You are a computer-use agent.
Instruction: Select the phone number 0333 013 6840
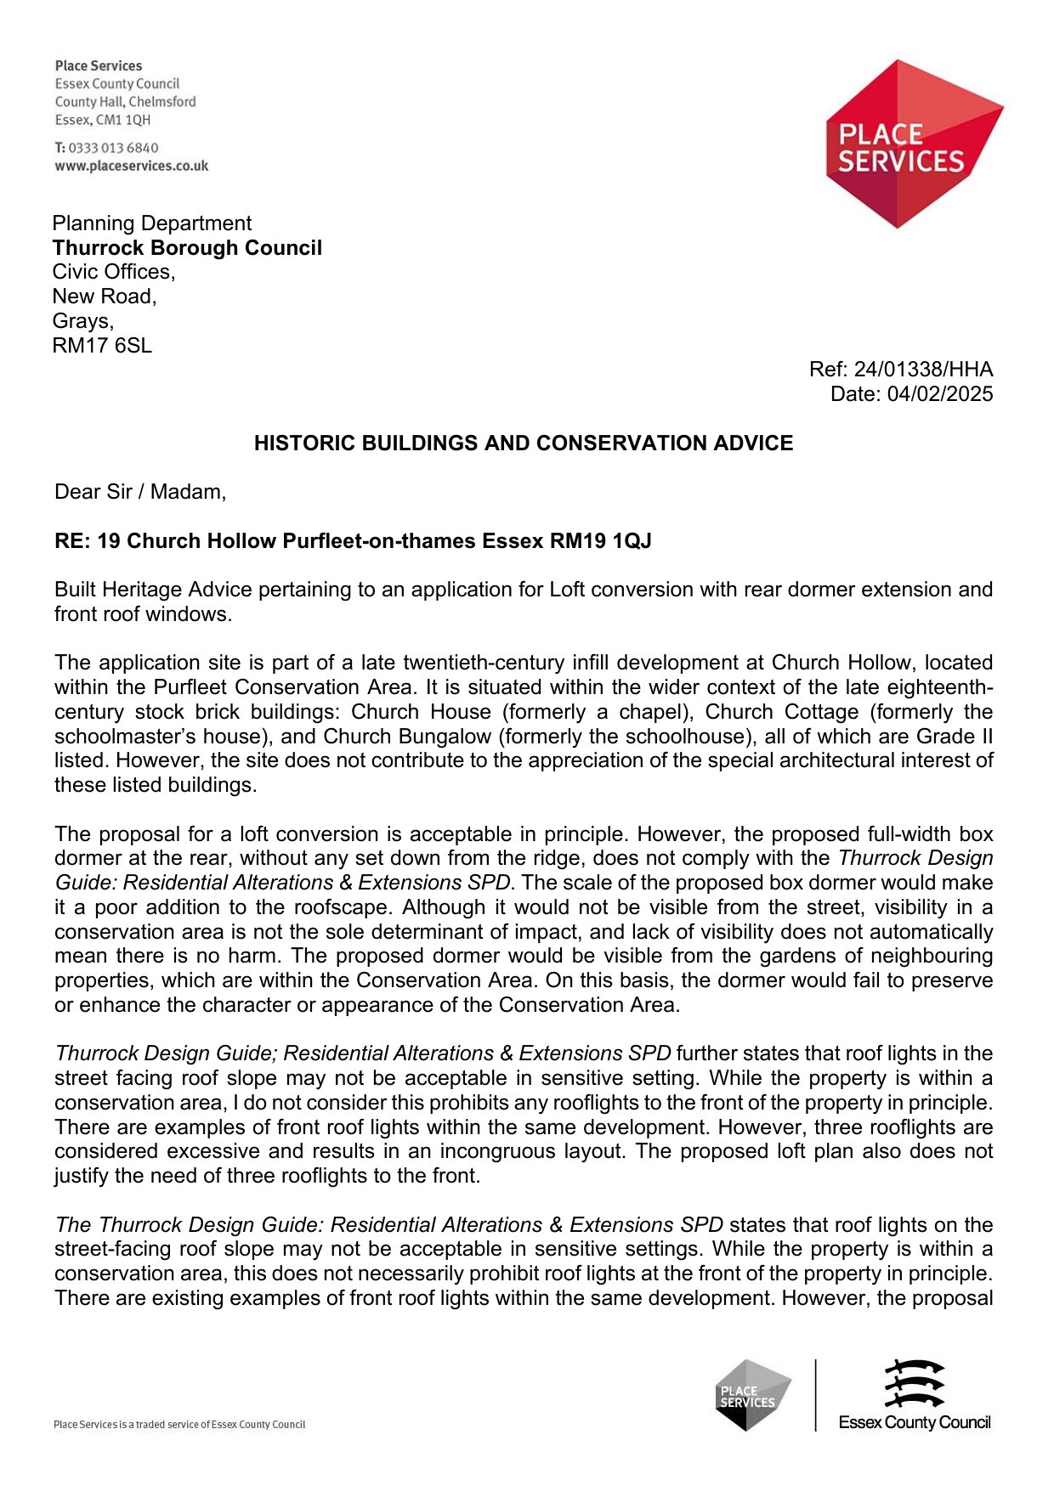113,148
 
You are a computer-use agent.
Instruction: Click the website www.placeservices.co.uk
132,167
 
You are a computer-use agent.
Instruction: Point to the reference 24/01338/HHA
923,370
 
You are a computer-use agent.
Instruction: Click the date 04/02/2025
940,394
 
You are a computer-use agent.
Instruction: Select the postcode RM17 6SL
102,346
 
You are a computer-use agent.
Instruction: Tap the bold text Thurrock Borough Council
187,248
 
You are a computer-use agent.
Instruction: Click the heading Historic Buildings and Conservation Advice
524,443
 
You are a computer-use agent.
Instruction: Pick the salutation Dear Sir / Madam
140,492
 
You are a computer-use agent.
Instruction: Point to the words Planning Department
152,223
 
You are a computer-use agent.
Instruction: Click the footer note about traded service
179,1425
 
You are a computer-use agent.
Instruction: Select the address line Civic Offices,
114,272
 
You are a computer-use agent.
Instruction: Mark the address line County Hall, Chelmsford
126,102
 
